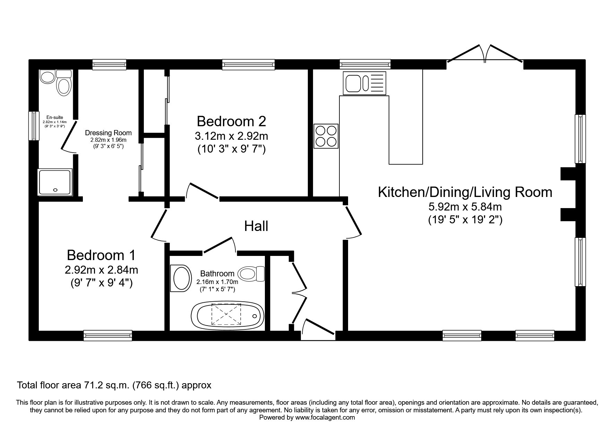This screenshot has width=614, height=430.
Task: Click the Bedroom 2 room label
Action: (x=231, y=121)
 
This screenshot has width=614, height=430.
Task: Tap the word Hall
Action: (x=256, y=226)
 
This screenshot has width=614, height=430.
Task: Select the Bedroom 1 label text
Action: (x=101, y=255)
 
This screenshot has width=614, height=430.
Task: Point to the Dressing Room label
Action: (x=108, y=133)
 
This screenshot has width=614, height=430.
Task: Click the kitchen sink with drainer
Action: (x=364, y=83)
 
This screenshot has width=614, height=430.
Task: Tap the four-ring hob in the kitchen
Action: (x=326, y=136)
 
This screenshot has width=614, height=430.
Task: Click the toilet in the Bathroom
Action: (x=252, y=274)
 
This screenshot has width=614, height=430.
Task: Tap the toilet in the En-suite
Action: (x=64, y=83)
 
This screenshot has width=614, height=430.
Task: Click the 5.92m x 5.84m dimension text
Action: (x=465, y=207)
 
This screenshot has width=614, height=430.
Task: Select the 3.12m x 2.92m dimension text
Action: (x=231, y=136)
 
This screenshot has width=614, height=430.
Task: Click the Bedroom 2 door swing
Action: (x=202, y=191)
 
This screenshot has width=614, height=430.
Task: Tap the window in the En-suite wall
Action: (x=34, y=126)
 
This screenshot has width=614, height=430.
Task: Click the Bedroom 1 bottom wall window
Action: (x=108, y=335)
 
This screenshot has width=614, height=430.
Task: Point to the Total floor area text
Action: (x=114, y=385)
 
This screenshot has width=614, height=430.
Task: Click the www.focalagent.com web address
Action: (x=325, y=418)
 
